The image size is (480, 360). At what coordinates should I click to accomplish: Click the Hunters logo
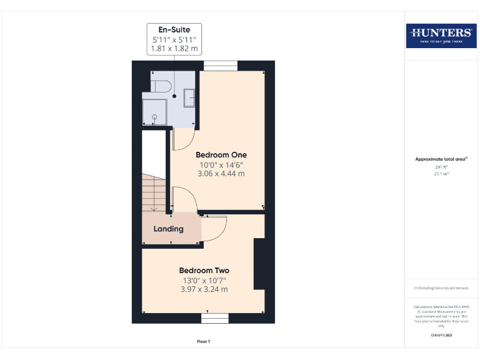click(x=441, y=35)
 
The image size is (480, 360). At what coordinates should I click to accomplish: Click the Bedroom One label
click(x=221, y=154)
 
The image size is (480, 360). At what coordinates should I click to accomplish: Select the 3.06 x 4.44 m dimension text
click(x=221, y=173)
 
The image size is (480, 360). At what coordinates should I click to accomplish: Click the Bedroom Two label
click(x=204, y=270)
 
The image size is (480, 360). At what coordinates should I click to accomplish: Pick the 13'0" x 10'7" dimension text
click(x=204, y=280)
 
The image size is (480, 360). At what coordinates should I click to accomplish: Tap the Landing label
click(x=169, y=229)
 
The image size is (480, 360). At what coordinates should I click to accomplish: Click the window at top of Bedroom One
click(x=221, y=66)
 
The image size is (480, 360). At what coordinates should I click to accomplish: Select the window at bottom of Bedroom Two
click(x=214, y=318)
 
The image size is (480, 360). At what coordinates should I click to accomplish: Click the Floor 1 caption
click(x=204, y=341)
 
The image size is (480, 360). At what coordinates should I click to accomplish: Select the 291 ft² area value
click(x=441, y=167)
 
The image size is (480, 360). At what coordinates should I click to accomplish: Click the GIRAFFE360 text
click(x=441, y=336)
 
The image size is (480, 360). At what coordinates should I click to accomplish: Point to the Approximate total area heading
click(x=441, y=159)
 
